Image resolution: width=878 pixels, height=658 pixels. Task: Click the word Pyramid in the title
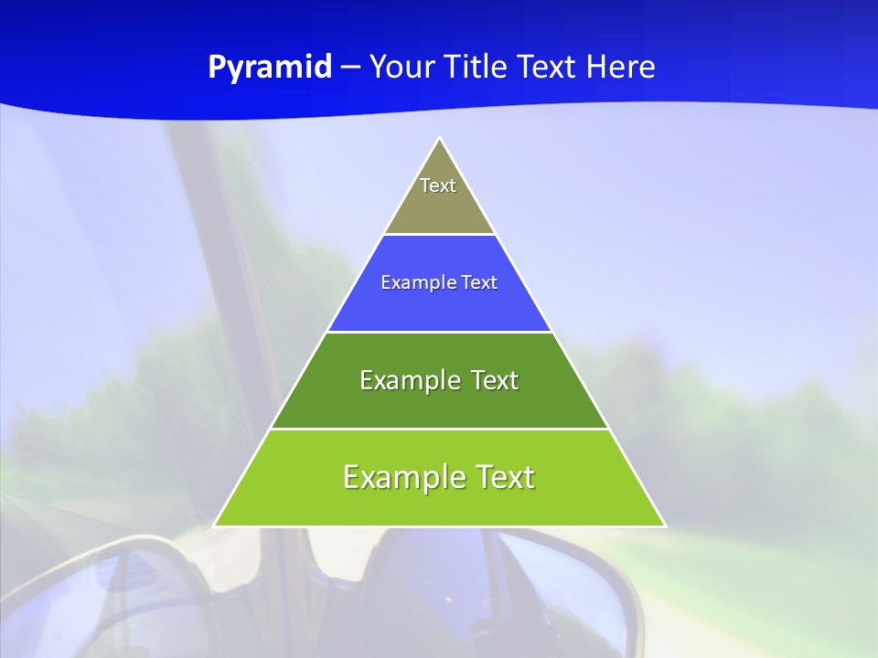pos(270,68)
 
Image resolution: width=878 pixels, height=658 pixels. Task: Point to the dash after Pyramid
pos(350,68)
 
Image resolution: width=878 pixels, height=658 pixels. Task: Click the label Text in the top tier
pos(438,186)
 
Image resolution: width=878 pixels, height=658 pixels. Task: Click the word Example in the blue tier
pos(414,282)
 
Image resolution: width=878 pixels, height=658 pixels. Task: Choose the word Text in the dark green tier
pos(494,380)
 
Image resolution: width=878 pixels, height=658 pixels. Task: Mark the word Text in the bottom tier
pos(506,477)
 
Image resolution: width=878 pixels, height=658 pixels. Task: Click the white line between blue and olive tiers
pos(439,235)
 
